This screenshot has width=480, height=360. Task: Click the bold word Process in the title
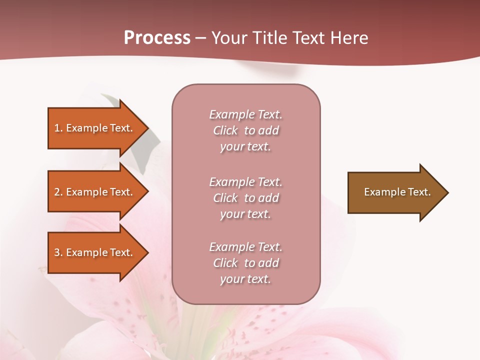(x=157, y=38)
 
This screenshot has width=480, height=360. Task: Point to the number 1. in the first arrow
(x=58, y=128)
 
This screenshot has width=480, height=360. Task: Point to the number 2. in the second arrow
(x=58, y=192)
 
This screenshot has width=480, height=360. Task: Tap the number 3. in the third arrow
(x=58, y=252)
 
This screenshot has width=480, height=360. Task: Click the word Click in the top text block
(x=225, y=130)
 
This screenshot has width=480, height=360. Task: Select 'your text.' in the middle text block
(x=245, y=214)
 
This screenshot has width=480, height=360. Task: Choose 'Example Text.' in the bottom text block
(x=245, y=247)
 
